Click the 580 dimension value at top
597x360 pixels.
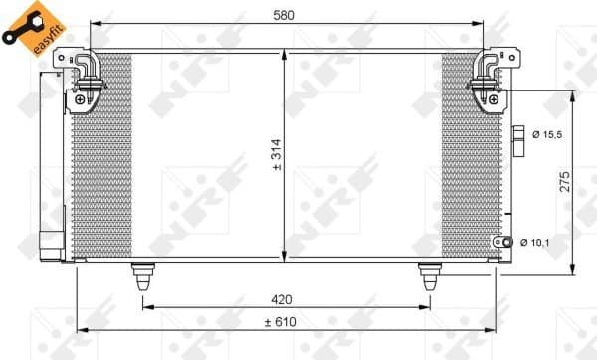pos(287,14)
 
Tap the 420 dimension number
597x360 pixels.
pos(287,297)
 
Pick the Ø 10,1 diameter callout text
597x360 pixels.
pos(539,242)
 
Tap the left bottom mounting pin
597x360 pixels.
pos(143,275)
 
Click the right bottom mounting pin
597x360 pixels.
pos(430,275)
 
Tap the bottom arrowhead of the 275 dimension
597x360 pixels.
pos(573,270)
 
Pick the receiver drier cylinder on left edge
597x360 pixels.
pos(51,159)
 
